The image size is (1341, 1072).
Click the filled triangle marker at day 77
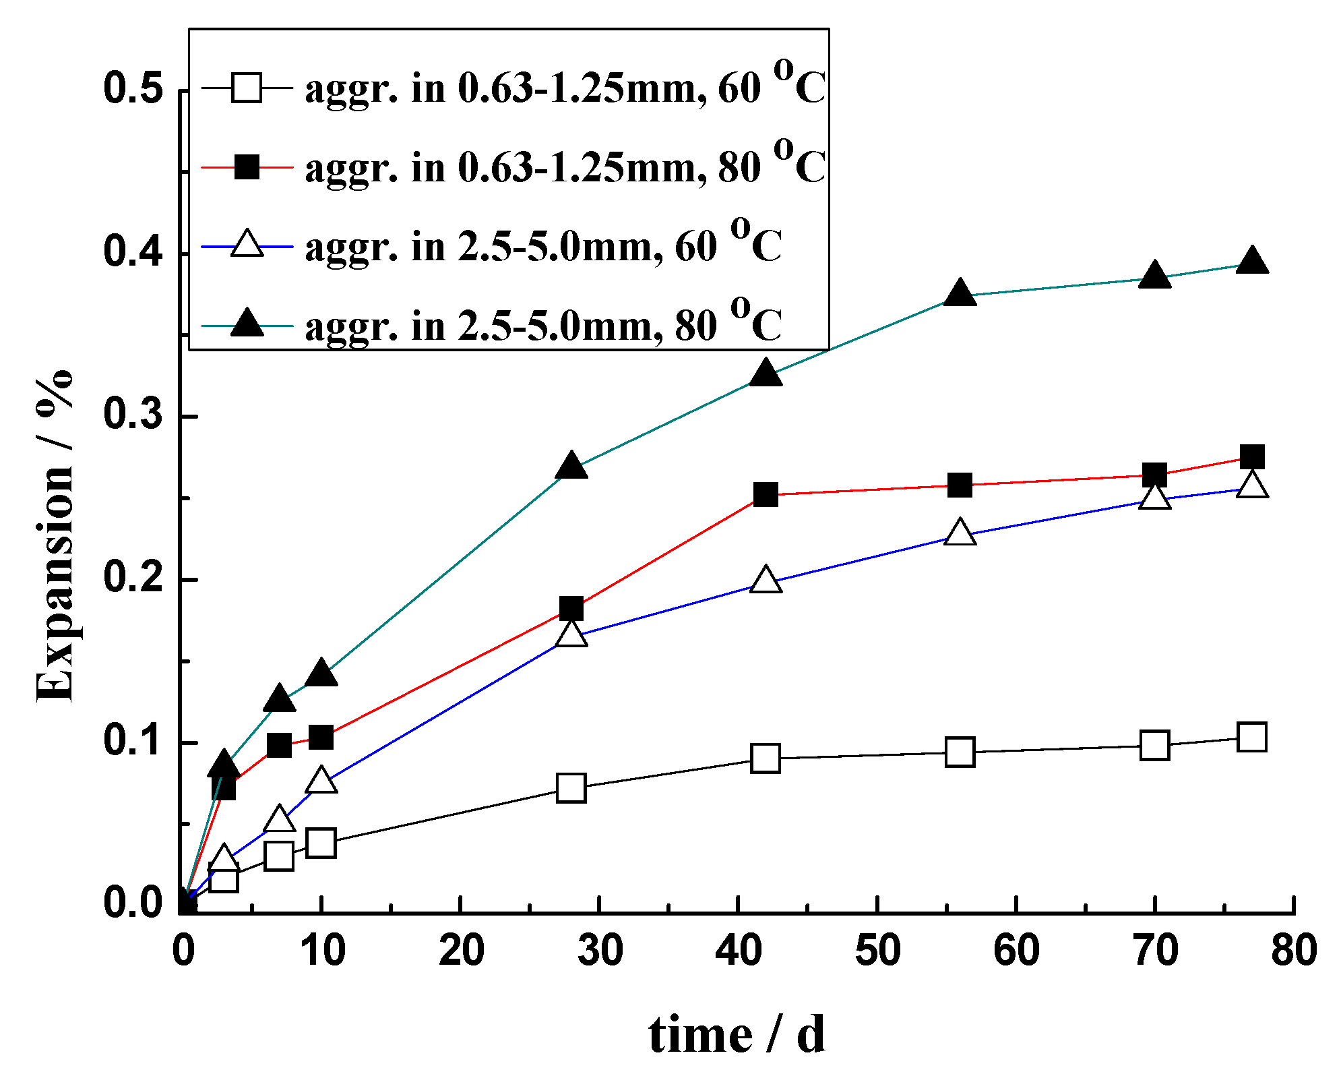1251,262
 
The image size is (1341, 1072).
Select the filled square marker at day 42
766,495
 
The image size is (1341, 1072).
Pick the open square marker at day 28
571,787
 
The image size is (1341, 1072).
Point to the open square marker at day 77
1251,737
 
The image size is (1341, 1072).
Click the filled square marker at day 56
960,485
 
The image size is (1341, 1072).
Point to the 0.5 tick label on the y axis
133,89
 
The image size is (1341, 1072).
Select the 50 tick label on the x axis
877,951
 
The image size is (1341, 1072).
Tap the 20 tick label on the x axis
461,951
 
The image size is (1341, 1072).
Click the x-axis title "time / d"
736,1035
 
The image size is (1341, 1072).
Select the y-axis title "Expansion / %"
54,536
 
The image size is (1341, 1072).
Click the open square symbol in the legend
247,88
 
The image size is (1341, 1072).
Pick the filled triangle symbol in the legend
247,324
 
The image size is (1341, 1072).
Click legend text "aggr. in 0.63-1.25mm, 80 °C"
565,167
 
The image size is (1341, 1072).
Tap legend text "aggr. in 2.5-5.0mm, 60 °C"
543,246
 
